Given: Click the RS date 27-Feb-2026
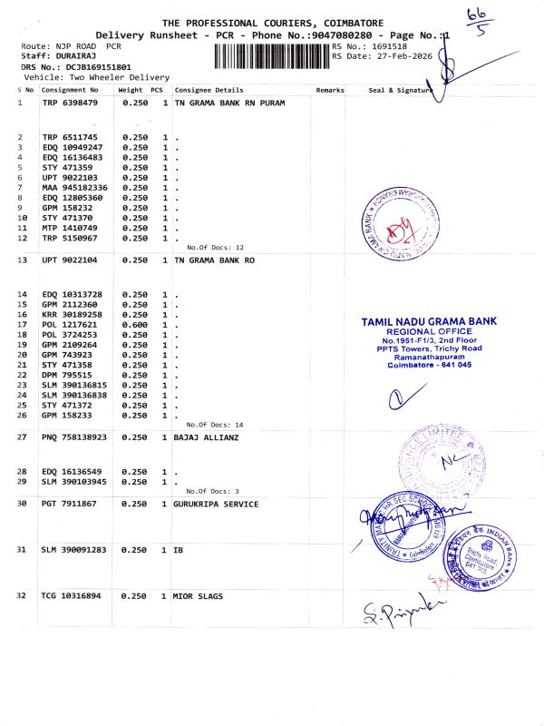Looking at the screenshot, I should click(x=392, y=56).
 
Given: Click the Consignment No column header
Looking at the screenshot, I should click(x=70, y=91).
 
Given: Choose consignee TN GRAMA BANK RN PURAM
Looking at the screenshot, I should click(x=229, y=103).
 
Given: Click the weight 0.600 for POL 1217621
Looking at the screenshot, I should click(x=134, y=324).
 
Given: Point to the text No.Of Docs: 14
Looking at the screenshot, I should click(x=215, y=425).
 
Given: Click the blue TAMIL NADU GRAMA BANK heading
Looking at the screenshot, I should click(x=429, y=322).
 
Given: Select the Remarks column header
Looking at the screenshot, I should click(x=330, y=91).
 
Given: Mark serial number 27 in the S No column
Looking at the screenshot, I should click(x=21, y=437).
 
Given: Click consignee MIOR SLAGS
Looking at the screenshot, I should click(x=198, y=596).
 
